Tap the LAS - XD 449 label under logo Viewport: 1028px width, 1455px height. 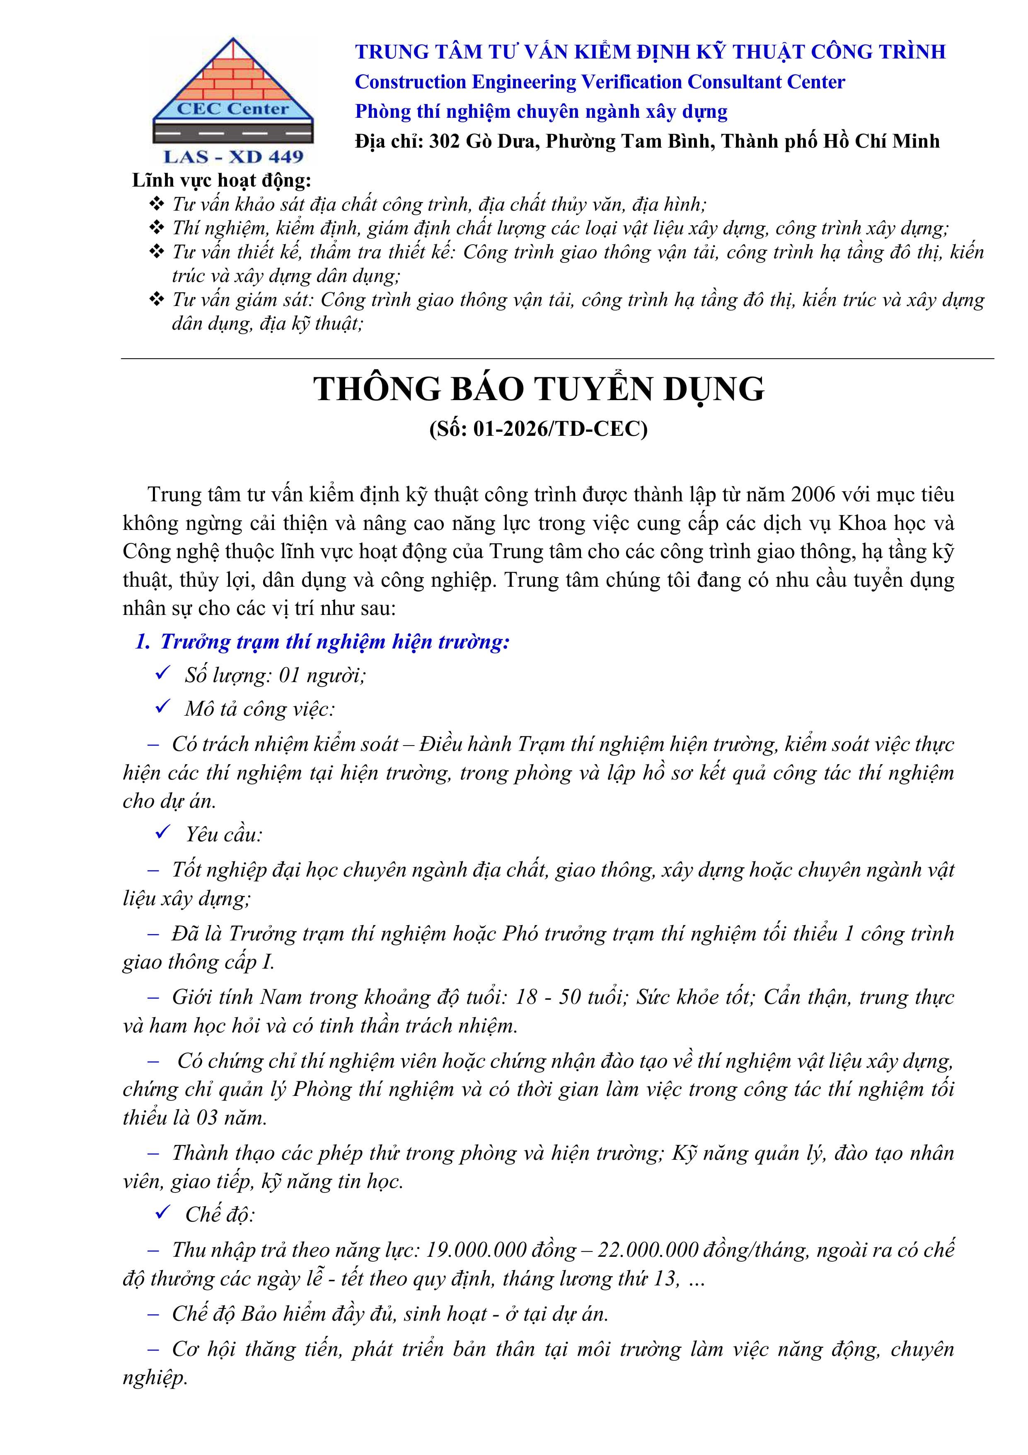(x=233, y=156)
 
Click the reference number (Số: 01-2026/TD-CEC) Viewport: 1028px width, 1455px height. (x=538, y=429)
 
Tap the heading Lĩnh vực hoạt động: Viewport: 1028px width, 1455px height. (x=222, y=181)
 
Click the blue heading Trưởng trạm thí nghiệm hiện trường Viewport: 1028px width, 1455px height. (x=334, y=641)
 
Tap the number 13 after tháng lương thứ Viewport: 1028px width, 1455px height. (x=665, y=1278)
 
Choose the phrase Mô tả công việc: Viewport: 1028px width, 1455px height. (x=260, y=709)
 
